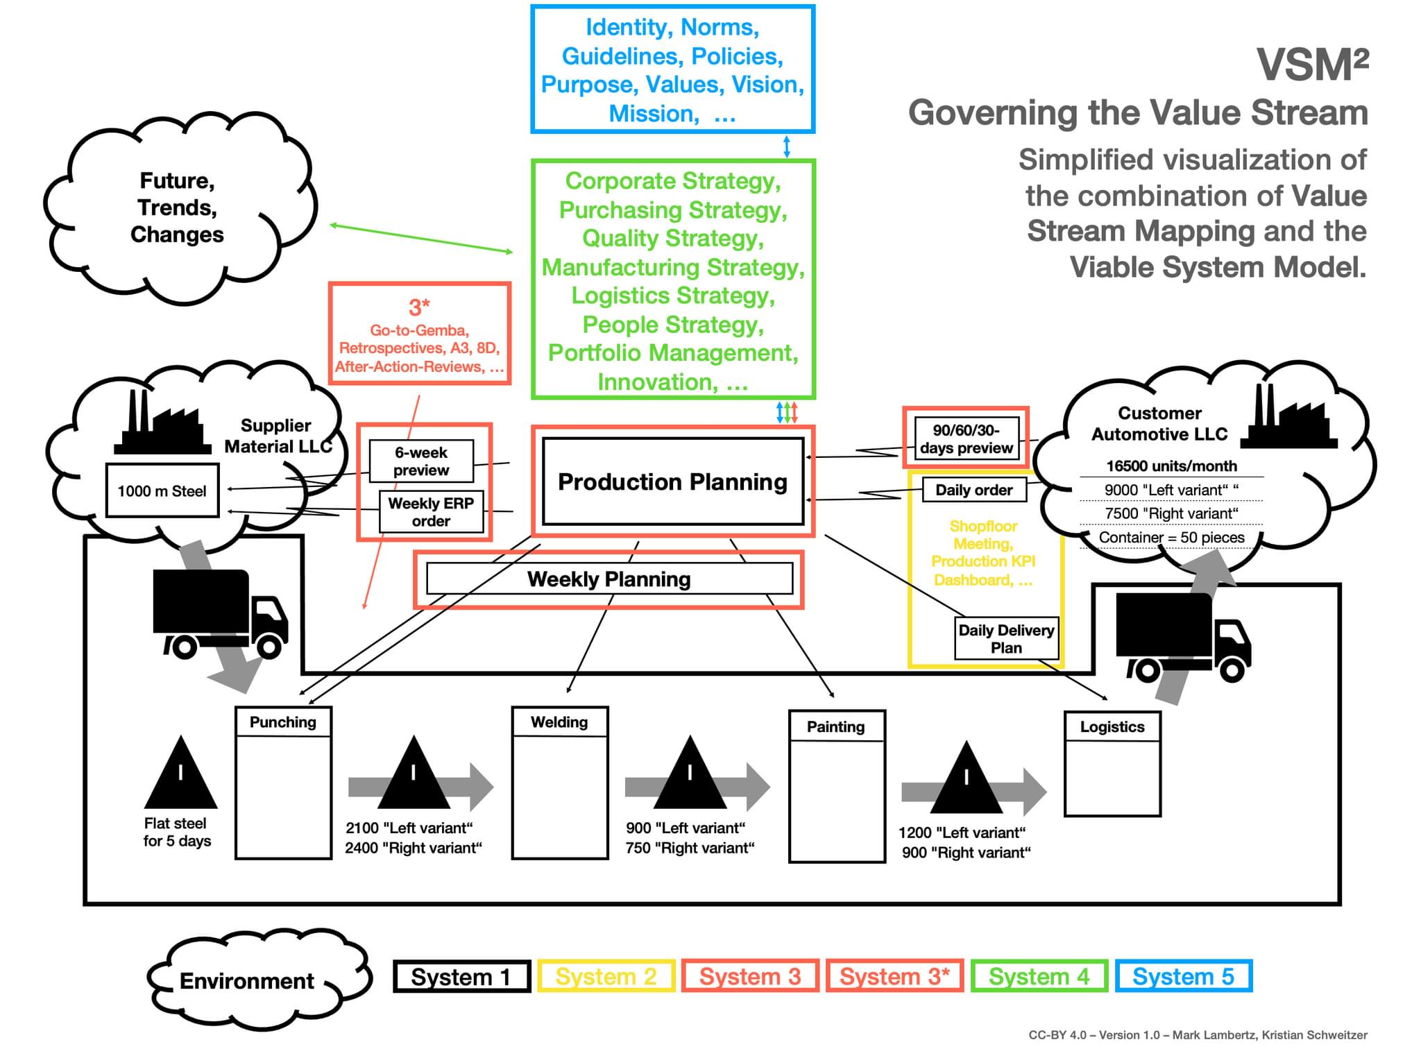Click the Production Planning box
[672, 481]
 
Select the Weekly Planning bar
[609, 579]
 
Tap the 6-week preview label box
[420, 461]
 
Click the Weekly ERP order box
[431, 512]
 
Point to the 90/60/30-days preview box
[966, 438]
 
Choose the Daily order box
[973, 490]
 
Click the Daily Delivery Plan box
[1006, 638]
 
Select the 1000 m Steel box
[162, 491]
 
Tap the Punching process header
[283, 722]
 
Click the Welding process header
[559, 722]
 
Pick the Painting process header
[836, 726]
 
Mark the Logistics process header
[1112, 726]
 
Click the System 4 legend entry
[1039, 976]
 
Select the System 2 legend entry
[606, 976]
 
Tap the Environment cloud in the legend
[247, 980]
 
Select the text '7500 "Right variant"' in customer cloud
[1171, 513]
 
